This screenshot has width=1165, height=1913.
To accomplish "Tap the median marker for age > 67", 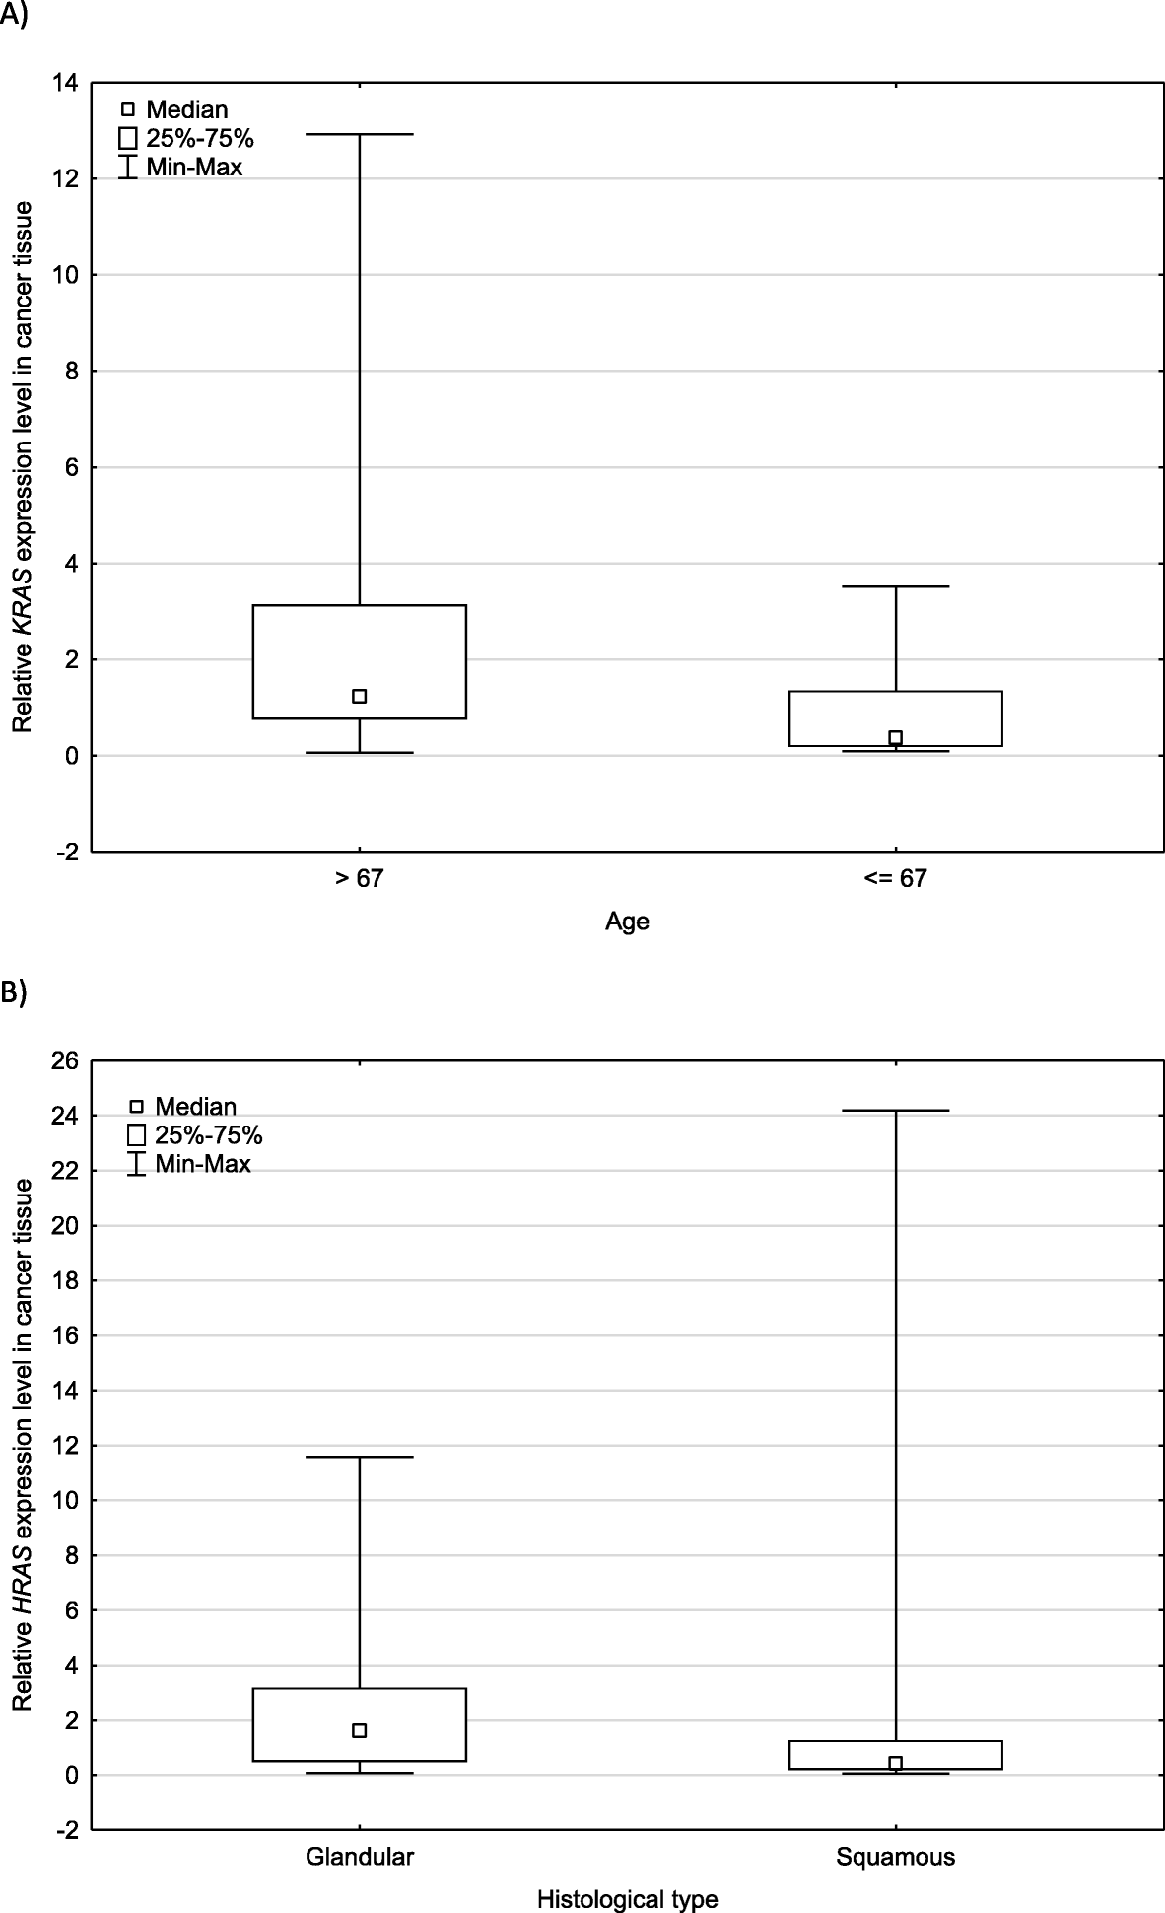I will [360, 696].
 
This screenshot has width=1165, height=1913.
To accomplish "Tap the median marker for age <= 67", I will [895, 737].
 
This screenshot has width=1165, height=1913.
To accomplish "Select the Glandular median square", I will [360, 1730].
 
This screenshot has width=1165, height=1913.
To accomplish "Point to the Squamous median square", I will [895, 1763].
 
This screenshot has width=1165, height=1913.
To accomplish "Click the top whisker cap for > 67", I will [360, 134].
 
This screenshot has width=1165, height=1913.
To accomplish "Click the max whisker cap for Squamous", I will [895, 1111].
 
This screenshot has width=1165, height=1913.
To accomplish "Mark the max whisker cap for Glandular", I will [360, 1457].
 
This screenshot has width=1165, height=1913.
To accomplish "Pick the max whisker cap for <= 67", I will [895, 586].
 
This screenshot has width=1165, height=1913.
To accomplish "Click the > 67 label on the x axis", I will [359, 878].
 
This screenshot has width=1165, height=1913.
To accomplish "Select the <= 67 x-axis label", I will [895, 878].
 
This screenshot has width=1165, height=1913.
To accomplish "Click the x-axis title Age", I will [627, 922].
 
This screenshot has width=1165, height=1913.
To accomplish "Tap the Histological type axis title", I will [627, 1899].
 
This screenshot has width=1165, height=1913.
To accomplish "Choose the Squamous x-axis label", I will [895, 1857].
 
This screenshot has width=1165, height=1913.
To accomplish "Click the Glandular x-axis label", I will [360, 1857].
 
